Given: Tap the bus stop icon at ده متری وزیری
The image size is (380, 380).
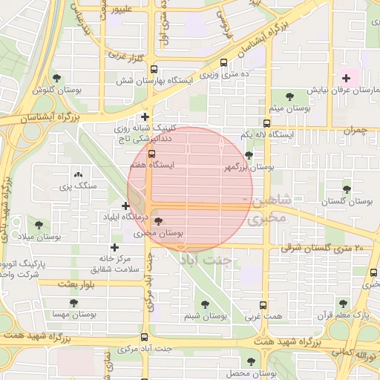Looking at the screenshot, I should [225, 64].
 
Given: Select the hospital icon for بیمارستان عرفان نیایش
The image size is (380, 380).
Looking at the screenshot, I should [346, 77].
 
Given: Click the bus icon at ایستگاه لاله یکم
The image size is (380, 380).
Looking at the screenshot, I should [266, 123].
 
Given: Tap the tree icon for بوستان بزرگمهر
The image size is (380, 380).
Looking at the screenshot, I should [248, 156].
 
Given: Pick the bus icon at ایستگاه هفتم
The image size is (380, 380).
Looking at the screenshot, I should [152, 154].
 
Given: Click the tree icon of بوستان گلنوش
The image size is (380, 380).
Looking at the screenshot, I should [56, 77].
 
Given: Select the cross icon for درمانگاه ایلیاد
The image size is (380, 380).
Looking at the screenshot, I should [125, 206].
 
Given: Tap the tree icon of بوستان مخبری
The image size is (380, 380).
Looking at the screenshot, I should [157, 220].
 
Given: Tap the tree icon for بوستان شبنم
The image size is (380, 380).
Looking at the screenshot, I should [205, 304].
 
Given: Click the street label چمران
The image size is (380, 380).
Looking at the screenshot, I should [355, 130].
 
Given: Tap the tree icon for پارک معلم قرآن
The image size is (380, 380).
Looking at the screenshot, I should [343, 304].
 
